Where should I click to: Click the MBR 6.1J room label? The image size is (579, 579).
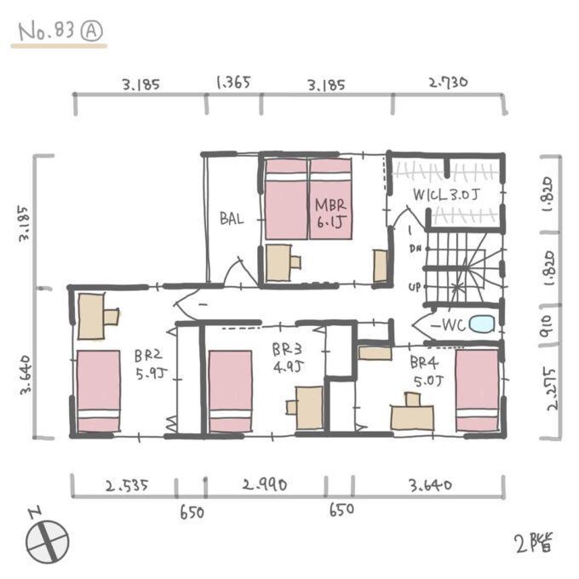tap(330, 214)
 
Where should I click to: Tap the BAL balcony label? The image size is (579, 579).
tap(232, 219)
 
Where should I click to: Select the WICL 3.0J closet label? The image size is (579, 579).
tap(445, 195)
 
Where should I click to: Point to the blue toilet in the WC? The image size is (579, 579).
tap(482, 324)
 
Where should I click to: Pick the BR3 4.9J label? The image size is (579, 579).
tap(288, 358)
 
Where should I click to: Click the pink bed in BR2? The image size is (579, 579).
tap(99, 391)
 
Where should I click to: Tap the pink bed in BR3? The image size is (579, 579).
tap(231, 391)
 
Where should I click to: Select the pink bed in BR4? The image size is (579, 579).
tap(478, 390)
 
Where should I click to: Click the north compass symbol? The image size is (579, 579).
tap(47, 540)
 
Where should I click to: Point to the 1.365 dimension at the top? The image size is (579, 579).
tap(233, 83)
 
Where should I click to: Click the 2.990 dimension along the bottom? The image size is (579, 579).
tap(265, 484)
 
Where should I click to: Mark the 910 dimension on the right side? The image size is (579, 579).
tap(546, 325)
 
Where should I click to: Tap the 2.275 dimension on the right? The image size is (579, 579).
tap(552, 389)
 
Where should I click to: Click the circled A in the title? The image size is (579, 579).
tap(91, 31)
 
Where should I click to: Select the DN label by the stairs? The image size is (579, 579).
tap(416, 249)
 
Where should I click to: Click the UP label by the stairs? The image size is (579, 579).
tap(415, 287)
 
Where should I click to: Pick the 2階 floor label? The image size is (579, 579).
tap(534, 543)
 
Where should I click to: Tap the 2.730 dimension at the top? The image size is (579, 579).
tap(448, 82)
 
